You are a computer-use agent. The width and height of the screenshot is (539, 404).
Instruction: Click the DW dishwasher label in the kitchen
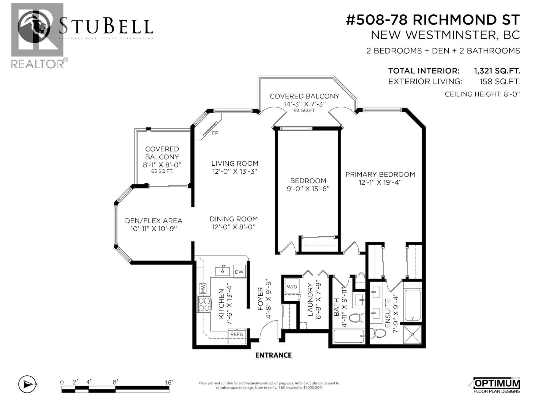(239, 272)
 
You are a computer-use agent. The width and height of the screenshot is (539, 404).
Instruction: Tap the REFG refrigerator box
(236, 334)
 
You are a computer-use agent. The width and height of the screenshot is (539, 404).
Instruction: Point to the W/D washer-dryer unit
(292, 287)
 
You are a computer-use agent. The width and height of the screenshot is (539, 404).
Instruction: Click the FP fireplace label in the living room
(215, 133)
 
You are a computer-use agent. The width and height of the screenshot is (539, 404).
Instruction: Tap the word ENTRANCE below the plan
(273, 355)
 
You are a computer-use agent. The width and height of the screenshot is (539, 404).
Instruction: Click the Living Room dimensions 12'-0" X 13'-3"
(234, 171)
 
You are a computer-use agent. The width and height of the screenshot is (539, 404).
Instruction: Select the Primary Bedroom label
(380, 174)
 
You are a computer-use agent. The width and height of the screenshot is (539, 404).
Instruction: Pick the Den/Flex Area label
(154, 221)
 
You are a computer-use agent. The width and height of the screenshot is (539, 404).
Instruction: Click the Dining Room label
(234, 219)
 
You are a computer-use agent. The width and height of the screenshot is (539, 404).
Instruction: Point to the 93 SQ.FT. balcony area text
(304, 110)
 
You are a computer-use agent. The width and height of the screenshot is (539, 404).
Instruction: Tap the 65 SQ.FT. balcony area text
(162, 171)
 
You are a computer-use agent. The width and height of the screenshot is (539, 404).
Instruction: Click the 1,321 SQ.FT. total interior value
(497, 71)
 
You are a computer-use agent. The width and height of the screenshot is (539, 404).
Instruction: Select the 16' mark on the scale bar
(169, 382)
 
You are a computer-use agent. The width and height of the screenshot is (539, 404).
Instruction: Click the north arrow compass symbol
(27, 384)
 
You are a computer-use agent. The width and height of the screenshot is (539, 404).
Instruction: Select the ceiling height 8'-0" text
(482, 94)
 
